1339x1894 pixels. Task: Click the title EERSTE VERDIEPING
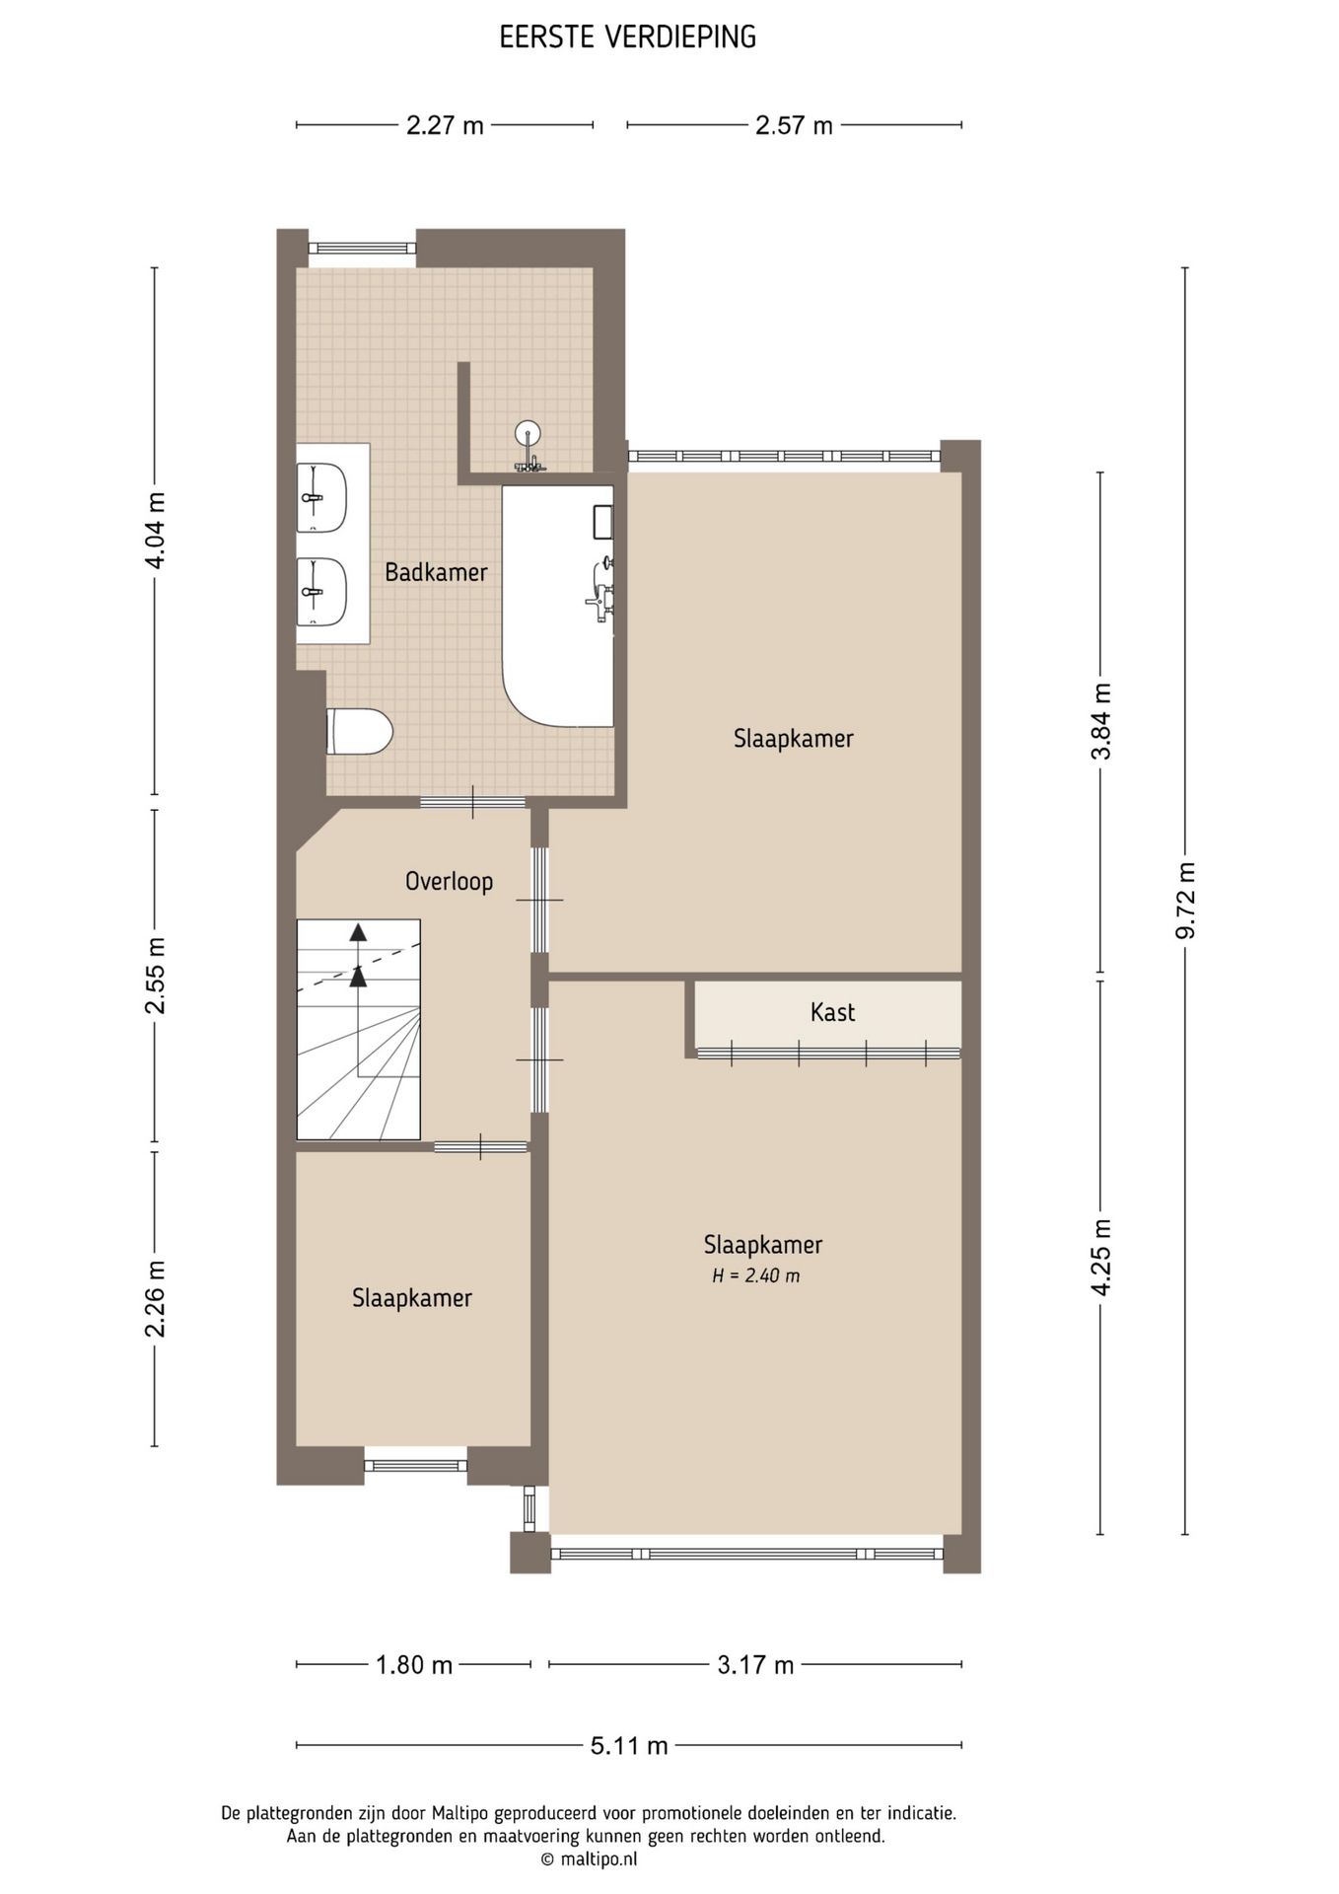(628, 37)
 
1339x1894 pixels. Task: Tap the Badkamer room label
(436, 572)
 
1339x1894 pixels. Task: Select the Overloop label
(449, 881)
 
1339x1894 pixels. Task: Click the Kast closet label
(832, 1012)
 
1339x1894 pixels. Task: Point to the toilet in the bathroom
(360, 731)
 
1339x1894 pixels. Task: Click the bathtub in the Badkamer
(558, 606)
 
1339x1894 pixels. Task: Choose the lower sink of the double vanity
(321, 592)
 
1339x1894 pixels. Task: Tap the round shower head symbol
(529, 432)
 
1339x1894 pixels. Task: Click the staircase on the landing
(359, 1030)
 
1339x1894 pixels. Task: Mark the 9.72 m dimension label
(1185, 901)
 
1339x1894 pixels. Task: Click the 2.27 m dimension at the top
(445, 125)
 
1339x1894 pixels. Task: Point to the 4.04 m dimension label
(155, 530)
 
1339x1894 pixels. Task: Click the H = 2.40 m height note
(756, 1275)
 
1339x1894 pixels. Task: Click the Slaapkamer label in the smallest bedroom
(412, 1298)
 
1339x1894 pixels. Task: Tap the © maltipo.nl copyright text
(589, 1858)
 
